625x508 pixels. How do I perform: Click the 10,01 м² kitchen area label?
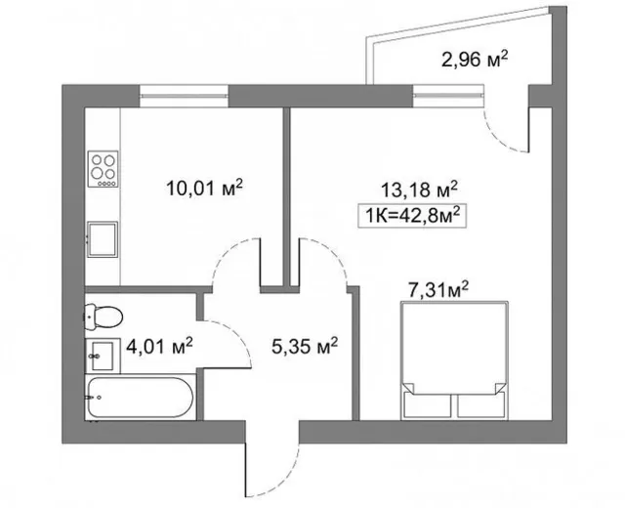[x=204, y=188]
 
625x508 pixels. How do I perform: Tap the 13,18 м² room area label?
[x=419, y=190]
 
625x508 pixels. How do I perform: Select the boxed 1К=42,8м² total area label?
[x=412, y=216]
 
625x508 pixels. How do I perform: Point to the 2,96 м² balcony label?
[x=476, y=60]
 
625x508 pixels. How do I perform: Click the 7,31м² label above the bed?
[x=438, y=290]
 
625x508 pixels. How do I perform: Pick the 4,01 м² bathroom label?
[x=159, y=346]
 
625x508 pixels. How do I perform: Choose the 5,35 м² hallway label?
[x=305, y=346]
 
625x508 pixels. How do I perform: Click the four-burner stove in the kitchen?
[x=103, y=169]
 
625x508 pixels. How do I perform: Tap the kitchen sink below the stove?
[x=103, y=239]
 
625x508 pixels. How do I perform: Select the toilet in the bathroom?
[x=103, y=317]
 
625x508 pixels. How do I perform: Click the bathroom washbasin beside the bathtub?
[x=103, y=356]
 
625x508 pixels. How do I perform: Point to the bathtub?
[x=141, y=398]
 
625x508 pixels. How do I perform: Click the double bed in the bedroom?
[x=454, y=360]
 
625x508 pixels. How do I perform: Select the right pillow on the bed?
[x=481, y=406]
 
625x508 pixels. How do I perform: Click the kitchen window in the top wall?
[x=184, y=96]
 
